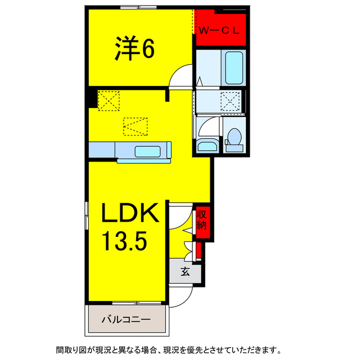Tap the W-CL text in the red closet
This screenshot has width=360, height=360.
(x=218, y=31)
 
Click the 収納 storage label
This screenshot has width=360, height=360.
(x=201, y=219)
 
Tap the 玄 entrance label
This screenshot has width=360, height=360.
(x=184, y=271)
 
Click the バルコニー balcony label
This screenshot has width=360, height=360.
(x=126, y=319)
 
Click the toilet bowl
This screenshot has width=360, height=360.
(x=234, y=137)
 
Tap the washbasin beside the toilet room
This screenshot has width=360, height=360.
(x=206, y=146)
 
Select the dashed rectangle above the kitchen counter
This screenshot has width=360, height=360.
(x=135, y=125)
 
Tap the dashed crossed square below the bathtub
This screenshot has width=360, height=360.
(x=231, y=102)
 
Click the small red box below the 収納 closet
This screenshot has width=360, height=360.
(x=199, y=250)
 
